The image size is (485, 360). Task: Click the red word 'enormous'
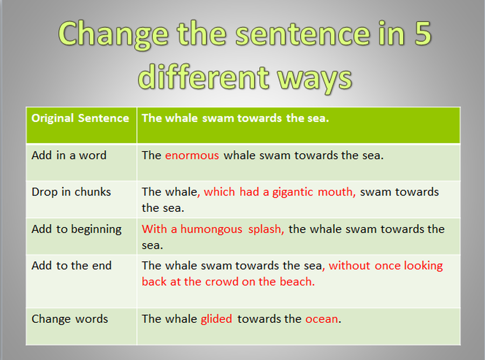pos(192,155)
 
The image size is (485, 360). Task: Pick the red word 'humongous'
pos(211,230)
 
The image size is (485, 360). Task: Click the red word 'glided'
pos(217,319)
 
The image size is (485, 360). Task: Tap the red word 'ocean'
pos(322,319)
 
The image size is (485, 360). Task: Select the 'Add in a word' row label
pos(69,155)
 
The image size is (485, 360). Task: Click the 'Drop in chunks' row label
pos(71,192)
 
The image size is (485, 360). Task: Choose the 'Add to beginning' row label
pos(77,230)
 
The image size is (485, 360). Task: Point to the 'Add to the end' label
pos(72,266)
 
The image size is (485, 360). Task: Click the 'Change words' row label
pos(70,319)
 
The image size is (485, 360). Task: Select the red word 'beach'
pos(296,282)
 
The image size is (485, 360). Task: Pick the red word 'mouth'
pos(335,192)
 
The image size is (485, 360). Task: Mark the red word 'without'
pos(350,266)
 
